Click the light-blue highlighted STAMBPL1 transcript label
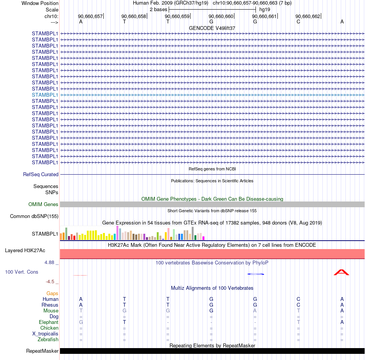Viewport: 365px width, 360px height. (x=45, y=95)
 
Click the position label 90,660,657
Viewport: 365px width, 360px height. (x=90, y=16)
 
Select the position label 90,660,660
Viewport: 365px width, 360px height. (x=221, y=16)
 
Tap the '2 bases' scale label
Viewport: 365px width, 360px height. (x=158, y=10)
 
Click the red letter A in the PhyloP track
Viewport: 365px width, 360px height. (x=342, y=272)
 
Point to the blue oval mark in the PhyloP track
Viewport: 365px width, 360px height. (x=255, y=274)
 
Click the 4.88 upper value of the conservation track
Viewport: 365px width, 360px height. (x=49, y=263)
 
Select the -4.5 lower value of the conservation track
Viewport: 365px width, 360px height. (x=50, y=282)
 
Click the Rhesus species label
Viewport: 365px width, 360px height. (x=50, y=305)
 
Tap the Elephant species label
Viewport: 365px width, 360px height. (x=48, y=322)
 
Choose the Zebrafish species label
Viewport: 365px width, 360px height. (x=48, y=339)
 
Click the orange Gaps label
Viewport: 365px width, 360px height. (x=52, y=294)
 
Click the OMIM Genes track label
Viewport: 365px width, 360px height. (x=43, y=204)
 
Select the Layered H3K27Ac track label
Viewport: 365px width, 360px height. (x=25, y=251)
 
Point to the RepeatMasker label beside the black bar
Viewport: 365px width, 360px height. (x=42, y=351)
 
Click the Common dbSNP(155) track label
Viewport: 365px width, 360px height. (x=34, y=216)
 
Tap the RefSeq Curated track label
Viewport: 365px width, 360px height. (x=41, y=174)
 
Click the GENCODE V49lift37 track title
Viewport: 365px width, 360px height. (x=212, y=28)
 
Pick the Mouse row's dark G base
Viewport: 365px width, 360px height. (x=211, y=311)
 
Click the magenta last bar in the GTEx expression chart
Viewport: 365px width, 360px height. (x=204, y=238)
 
